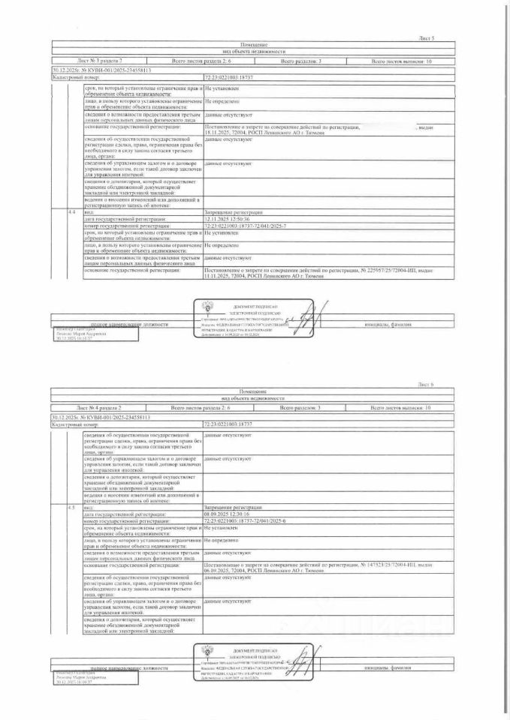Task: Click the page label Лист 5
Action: [x=427, y=37]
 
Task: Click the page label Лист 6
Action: [x=426, y=383]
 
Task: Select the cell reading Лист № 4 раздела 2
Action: [x=98, y=406]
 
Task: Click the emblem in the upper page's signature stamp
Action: [x=207, y=307]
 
